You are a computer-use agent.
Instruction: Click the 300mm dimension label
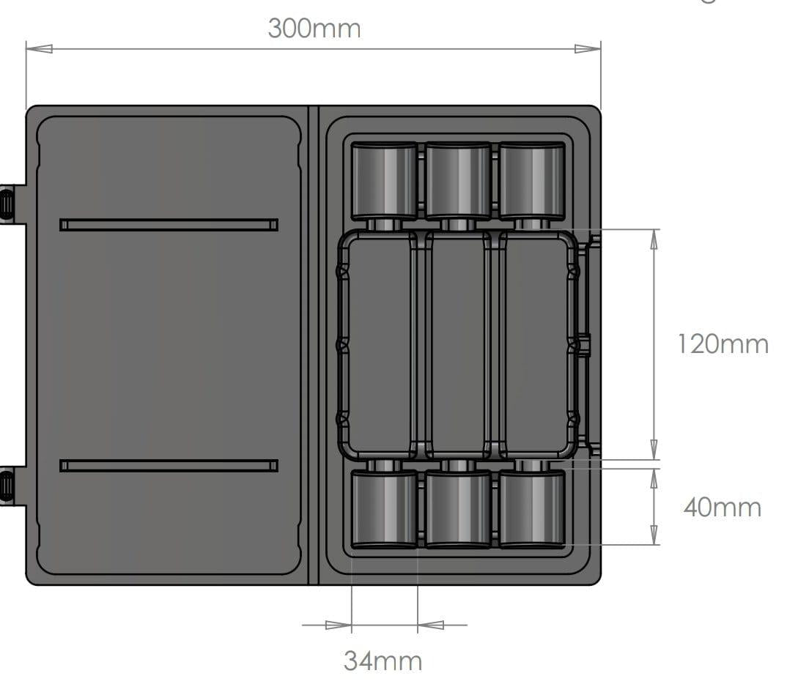tap(314, 29)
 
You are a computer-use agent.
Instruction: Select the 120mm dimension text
tap(723, 343)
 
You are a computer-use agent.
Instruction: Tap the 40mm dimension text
tap(722, 507)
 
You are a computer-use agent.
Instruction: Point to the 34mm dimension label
tap(383, 661)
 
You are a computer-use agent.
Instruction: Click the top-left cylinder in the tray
tap(384, 180)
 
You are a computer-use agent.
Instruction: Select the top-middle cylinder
tap(458, 180)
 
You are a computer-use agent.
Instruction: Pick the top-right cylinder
tap(532, 180)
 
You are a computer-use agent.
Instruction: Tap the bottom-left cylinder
tap(384, 509)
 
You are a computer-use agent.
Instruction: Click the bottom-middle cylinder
tap(458, 509)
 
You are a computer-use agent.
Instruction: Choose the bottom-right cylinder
tap(532, 509)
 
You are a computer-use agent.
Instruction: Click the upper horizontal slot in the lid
tap(169, 224)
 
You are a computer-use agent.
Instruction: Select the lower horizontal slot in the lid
tap(169, 466)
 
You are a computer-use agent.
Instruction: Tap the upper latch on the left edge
tap(7, 203)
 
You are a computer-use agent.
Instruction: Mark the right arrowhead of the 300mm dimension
tap(588, 49)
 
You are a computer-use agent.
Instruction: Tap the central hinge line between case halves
tap(314, 344)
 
